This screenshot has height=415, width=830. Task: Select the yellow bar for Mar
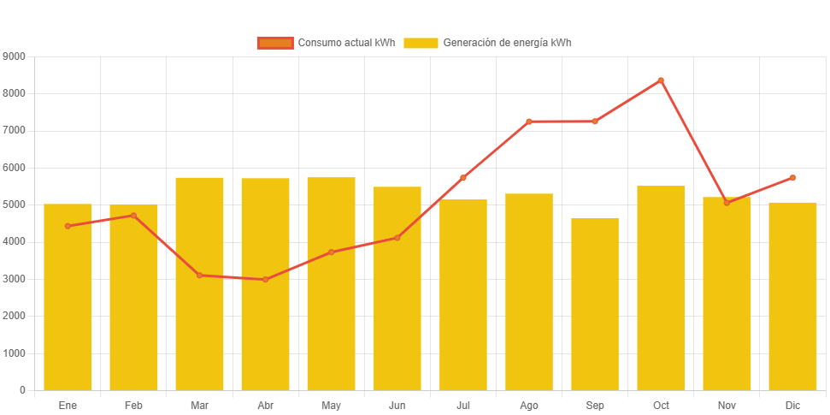(x=199, y=283)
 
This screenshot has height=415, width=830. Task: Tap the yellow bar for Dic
(x=792, y=296)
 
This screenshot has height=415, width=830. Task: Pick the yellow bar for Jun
(x=397, y=288)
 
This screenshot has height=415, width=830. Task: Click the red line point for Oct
(x=661, y=80)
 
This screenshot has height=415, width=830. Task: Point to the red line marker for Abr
(x=265, y=280)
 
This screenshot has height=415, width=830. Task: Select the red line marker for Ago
(x=529, y=122)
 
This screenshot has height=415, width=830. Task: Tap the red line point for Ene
(x=68, y=226)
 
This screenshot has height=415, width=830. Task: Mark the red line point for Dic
(x=792, y=178)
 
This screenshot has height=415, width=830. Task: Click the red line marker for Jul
(x=463, y=178)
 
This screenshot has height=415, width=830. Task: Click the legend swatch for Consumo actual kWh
(x=274, y=43)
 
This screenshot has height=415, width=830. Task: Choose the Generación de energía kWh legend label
(x=507, y=43)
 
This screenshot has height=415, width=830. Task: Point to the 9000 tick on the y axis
(x=15, y=56)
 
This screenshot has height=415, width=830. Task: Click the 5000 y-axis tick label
(x=15, y=205)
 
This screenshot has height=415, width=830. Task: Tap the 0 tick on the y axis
(x=22, y=390)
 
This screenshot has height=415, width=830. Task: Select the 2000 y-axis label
(x=15, y=316)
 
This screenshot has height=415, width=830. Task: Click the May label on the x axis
(x=331, y=405)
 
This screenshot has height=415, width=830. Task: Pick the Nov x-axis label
(x=727, y=405)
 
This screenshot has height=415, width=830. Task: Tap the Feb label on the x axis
(x=133, y=405)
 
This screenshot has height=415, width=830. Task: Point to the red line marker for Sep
(x=595, y=122)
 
